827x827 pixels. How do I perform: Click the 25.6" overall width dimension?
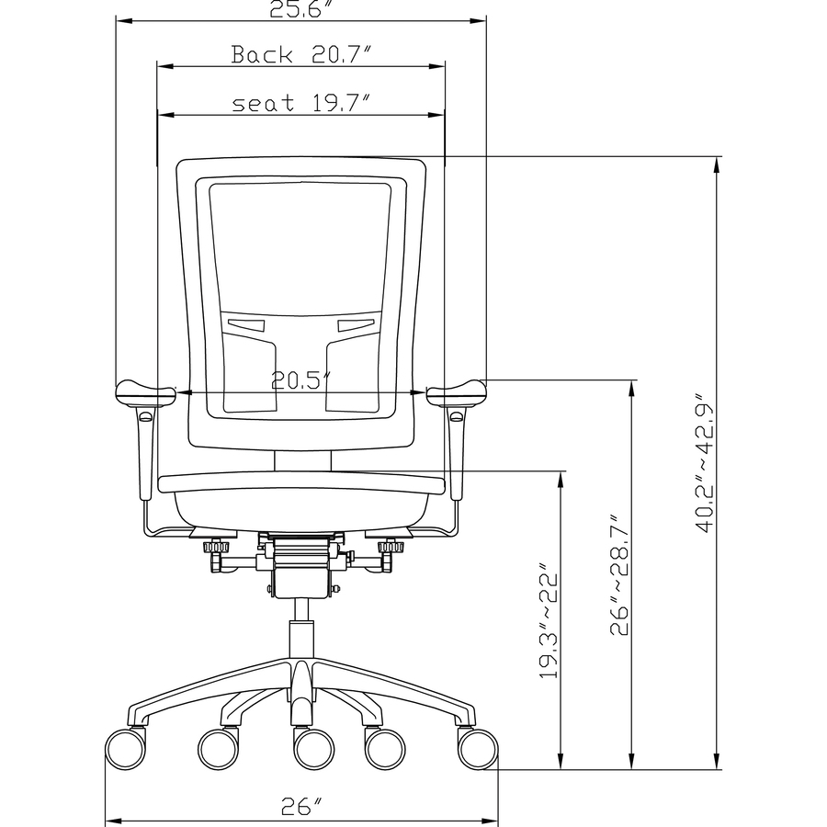300,9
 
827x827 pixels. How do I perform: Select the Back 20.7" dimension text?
300,55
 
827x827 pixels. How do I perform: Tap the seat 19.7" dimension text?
300,103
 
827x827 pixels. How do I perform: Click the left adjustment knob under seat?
217,549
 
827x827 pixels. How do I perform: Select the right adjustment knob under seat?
391,549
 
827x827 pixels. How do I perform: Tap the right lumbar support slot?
357,324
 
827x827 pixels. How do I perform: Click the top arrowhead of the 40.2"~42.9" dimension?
716,164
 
